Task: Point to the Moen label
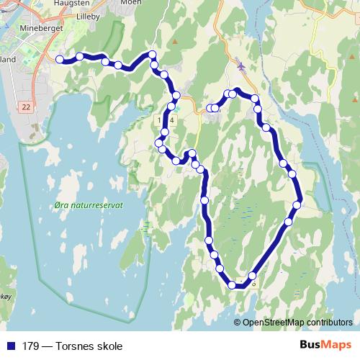pyautogui.click(x=130, y=2)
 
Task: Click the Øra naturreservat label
pyautogui.click(x=89, y=205)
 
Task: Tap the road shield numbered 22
pyautogui.click(x=26, y=107)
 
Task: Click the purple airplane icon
pyautogui.click(x=240, y=67)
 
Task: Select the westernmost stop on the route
pyautogui.click(x=60, y=60)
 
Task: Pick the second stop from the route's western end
pyautogui.click(x=80, y=56)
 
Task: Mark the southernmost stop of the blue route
pyautogui.click(x=233, y=285)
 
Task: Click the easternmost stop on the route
pyautogui.click(x=297, y=205)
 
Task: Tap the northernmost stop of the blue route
pyautogui.click(x=152, y=55)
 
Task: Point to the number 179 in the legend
pyautogui.click(x=31, y=346)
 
